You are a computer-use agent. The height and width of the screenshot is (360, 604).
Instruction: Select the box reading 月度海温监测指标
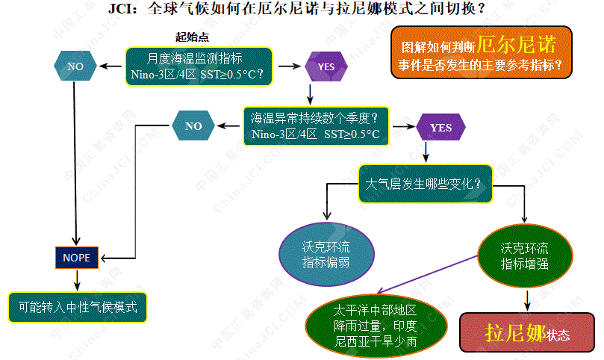click(199, 66)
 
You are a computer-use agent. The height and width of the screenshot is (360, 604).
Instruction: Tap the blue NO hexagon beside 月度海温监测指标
click(76, 66)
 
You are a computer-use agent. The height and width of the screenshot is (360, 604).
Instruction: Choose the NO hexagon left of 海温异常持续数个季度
click(193, 126)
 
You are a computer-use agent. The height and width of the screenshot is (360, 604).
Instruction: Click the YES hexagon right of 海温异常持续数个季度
click(440, 128)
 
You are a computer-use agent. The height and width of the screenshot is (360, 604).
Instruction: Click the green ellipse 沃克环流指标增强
click(524, 255)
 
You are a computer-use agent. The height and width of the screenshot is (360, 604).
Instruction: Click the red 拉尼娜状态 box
click(527, 333)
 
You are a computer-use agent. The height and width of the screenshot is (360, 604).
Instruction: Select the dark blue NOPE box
click(76, 257)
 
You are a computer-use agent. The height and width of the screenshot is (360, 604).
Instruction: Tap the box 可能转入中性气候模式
click(78, 307)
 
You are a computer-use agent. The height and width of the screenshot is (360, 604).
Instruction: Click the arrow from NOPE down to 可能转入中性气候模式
click(76, 280)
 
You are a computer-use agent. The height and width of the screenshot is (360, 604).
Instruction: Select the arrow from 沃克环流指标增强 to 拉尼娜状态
click(529, 299)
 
